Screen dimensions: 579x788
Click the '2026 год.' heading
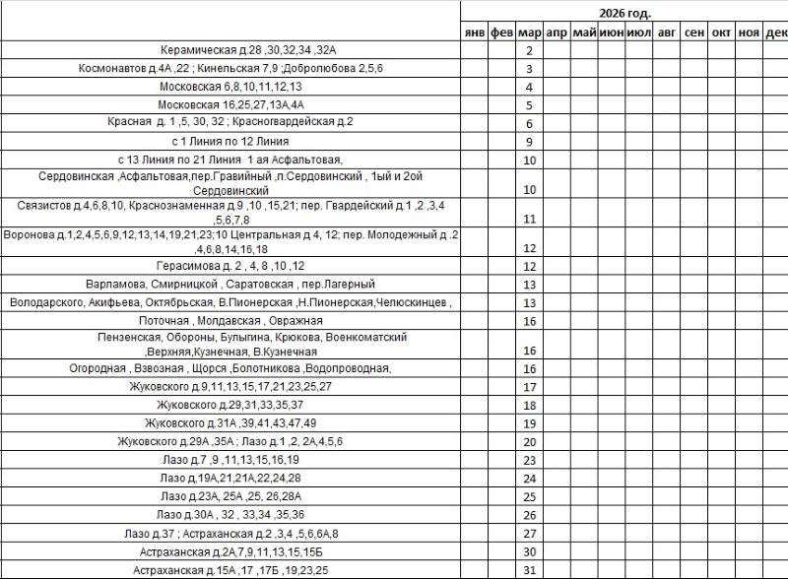(624, 13)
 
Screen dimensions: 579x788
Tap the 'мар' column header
(529, 32)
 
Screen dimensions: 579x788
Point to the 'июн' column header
(611, 32)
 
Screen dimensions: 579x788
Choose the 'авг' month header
(667, 32)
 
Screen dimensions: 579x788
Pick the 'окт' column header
(722, 32)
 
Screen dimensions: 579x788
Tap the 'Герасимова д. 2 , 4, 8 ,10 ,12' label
(230, 266)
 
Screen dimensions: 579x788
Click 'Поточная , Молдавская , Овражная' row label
(230, 321)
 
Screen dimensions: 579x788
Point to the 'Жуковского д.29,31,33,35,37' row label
(230, 405)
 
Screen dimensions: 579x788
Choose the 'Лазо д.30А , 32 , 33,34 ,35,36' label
(230, 514)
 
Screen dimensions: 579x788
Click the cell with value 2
(529, 50)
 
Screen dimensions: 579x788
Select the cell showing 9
(529, 142)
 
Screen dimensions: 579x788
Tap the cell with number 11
(529, 219)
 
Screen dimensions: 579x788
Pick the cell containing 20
(529, 441)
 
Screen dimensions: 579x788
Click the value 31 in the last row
(529, 570)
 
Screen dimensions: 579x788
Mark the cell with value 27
(529, 533)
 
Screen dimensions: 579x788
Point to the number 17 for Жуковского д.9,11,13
(529, 387)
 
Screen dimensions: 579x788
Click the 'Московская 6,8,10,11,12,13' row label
(230, 87)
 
